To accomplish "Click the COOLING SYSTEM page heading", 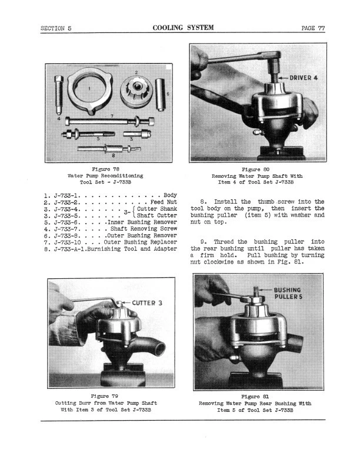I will (x=183, y=28).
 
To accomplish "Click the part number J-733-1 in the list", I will (x=62, y=194).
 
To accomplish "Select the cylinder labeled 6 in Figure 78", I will (x=161, y=94).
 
